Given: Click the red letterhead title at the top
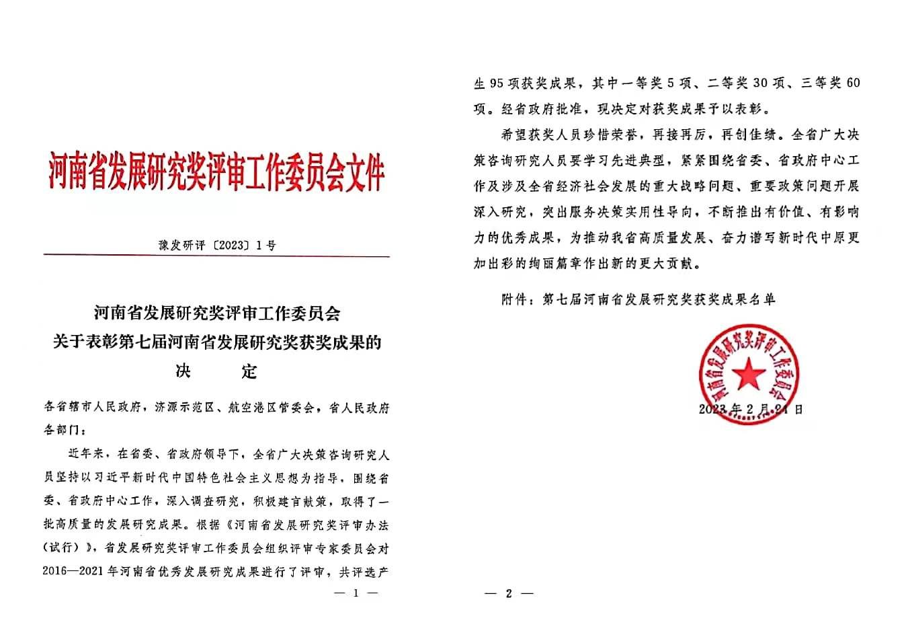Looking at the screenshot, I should tap(216, 170).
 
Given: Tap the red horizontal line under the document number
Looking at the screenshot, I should tap(216, 256).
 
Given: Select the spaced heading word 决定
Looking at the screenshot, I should tap(216, 371).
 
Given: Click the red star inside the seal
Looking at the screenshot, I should tap(747, 373).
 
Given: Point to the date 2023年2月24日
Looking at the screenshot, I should tap(750, 408).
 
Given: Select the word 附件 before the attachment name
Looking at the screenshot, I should tap(515, 299).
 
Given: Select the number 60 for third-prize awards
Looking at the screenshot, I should tap(851, 83).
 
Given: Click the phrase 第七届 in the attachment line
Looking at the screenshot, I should tap(563, 299).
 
